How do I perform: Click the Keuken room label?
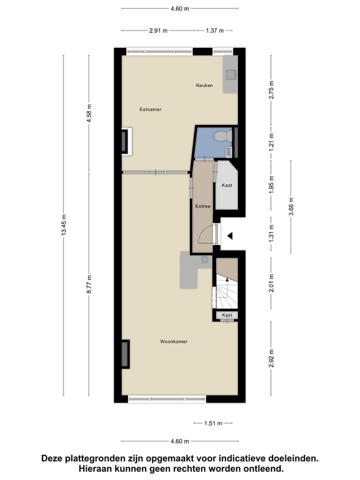[x=204, y=85]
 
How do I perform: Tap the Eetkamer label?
[x=150, y=109]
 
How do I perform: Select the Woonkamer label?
[x=173, y=342]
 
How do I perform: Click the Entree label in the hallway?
[x=202, y=206]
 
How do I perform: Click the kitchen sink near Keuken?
[x=230, y=75]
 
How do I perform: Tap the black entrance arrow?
[x=229, y=236]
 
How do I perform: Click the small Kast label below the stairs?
[x=227, y=315]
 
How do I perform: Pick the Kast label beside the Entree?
[x=226, y=185]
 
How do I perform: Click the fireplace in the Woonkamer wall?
[x=124, y=354]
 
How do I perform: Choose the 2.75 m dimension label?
[x=271, y=90]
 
